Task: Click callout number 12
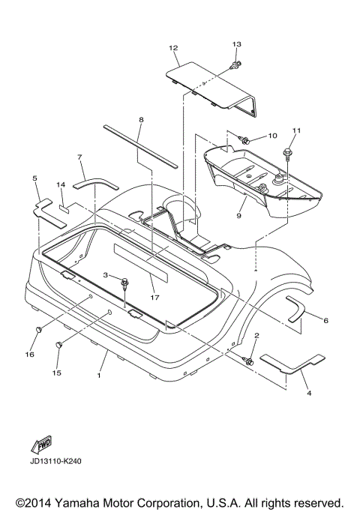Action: point(173,48)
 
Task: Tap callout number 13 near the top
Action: point(237,43)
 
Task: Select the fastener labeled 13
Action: point(235,64)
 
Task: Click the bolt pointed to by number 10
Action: point(244,140)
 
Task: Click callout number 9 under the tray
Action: point(238,216)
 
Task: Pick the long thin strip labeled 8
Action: point(140,146)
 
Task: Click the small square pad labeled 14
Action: point(64,208)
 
